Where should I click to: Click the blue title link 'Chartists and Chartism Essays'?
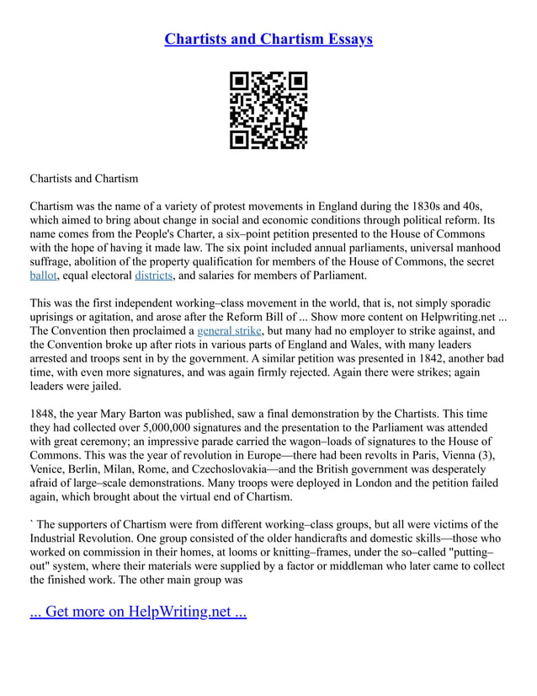[x=268, y=40]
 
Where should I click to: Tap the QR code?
[x=268, y=110]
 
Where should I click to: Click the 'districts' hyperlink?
[x=153, y=275]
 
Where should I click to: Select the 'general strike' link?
[x=227, y=329]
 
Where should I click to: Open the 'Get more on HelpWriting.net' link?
[x=138, y=611]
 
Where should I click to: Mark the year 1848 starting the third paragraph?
[x=44, y=412]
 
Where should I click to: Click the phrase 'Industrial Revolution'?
[x=85, y=537]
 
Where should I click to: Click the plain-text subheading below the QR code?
[x=84, y=179]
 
